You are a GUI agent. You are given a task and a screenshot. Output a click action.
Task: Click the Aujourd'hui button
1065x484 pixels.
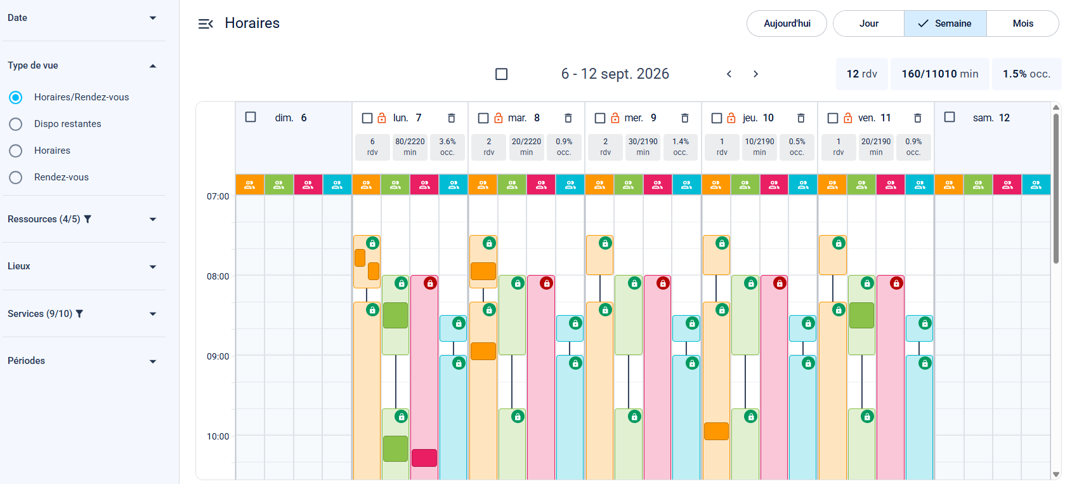point(787,24)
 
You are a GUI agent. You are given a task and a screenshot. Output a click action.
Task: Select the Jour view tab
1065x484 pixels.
point(868,24)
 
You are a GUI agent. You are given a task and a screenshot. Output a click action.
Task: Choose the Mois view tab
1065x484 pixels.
point(1023,24)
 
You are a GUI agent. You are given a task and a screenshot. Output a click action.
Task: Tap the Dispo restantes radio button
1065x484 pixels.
point(16,124)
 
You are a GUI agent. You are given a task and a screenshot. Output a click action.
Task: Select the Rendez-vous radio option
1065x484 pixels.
point(16,177)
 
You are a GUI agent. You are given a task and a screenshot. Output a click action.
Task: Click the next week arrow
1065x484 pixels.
point(755,74)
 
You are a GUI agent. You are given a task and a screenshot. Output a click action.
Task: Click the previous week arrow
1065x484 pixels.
point(729,74)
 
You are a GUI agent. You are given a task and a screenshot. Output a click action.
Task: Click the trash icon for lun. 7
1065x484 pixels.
point(451,118)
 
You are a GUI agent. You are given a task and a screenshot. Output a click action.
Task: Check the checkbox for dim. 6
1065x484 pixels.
point(251,117)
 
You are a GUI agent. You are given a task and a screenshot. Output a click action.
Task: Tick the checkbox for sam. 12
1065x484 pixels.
point(950,117)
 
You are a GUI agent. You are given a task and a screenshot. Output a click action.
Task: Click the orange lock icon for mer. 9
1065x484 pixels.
point(615,118)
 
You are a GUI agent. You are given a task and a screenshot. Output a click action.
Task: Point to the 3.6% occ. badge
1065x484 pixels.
point(447,147)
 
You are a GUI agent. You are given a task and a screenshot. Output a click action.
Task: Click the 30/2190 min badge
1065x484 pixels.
point(643,147)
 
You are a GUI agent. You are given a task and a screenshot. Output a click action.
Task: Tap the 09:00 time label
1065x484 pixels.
point(218,356)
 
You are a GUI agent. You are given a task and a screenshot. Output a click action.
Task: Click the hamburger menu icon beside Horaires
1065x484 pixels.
point(206,24)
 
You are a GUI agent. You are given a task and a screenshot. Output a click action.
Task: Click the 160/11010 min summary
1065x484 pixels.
point(940,74)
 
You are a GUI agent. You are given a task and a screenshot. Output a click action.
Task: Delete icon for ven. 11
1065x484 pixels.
point(918,118)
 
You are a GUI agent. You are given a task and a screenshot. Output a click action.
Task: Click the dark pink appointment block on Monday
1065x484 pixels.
point(424,458)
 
